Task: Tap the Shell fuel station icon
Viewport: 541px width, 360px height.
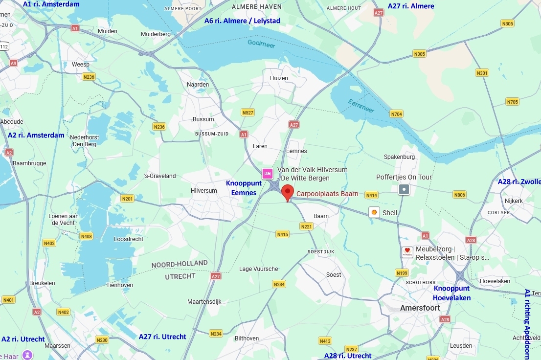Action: click(x=374, y=212)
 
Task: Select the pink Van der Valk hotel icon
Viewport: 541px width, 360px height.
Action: click(x=268, y=174)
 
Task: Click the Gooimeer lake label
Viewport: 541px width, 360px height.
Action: click(x=261, y=44)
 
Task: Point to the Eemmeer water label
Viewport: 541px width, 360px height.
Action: click(x=361, y=106)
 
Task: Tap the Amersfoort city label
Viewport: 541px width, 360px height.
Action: click(x=420, y=308)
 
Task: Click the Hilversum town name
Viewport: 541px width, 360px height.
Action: click(x=204, y=191)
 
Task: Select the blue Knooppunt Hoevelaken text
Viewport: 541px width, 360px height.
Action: click(x=451, y=293)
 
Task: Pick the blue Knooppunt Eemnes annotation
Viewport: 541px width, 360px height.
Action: click(x=244, y=188)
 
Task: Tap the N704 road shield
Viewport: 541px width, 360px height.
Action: click(x=396, y=114)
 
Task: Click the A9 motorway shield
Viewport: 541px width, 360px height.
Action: click(x=13, y=63)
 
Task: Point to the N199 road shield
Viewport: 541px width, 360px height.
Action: click(x=402, y=273)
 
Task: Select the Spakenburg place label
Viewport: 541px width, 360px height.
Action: click(x=399, y=157)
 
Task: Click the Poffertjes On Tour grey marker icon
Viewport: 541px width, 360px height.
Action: click(x=404, y=189)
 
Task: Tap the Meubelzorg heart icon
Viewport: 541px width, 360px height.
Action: click(x=407, y=252)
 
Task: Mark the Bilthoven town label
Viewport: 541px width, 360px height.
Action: click(x=247, y=338)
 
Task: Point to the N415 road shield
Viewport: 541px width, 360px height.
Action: click(x=282, y=234)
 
